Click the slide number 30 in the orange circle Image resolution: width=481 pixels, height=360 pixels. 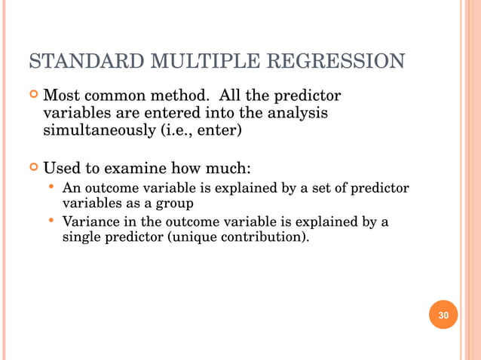(x=443, y=315)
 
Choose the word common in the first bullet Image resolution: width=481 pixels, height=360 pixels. (x=121, y=96)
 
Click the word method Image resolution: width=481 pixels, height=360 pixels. (x=179, y=96)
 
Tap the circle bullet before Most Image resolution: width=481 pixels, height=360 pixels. (x=32, y=97)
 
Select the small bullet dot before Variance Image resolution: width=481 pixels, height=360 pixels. (x=51, y=221)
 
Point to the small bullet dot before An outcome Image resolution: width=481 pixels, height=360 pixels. (x=51, y=185)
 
